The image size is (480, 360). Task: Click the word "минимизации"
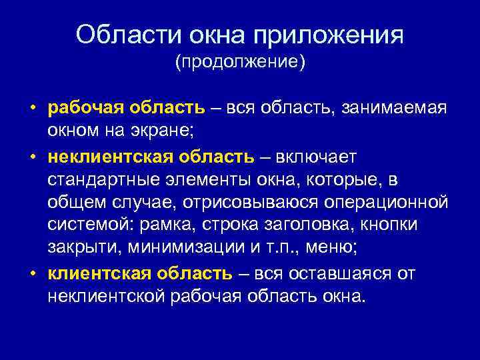point(185,249)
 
